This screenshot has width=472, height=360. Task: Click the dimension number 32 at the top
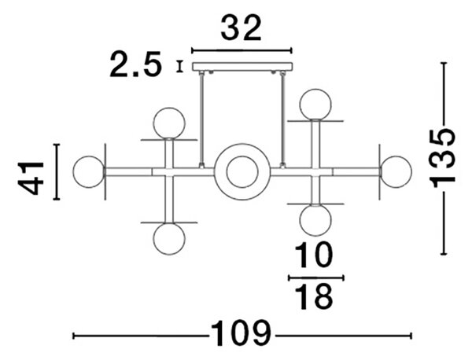click(241, 28)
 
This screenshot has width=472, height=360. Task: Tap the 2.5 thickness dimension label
click(135, 64)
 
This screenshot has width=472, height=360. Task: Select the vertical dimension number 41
click(31, 178)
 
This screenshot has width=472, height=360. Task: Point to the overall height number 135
click(442, 158)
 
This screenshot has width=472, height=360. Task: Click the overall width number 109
click(241, 333)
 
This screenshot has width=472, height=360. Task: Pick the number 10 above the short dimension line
click(314, 255)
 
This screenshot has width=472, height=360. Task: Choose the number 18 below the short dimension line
click(314, 297)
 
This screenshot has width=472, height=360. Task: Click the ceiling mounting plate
click(242, 67)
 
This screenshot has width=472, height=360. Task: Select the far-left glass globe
click(88, 171)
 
